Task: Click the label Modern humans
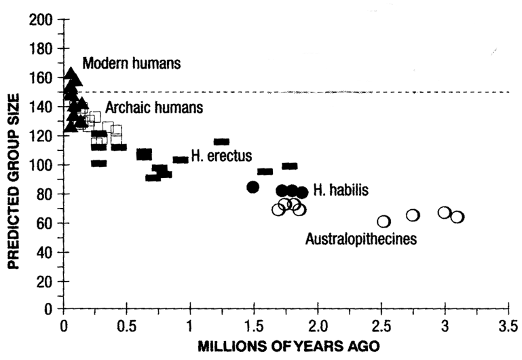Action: click(x=132, y=64)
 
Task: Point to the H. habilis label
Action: click(x=341, y=191)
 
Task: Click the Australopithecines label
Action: click(x=360, y=238)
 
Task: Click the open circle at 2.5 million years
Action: click(x=384, y=221)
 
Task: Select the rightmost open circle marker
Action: click(x=457, y=217)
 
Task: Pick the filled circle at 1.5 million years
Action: click(x=253, y=187)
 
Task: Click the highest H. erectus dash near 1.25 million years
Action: click(x=221, y=142)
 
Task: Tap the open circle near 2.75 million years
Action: click(x=413, y=215)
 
